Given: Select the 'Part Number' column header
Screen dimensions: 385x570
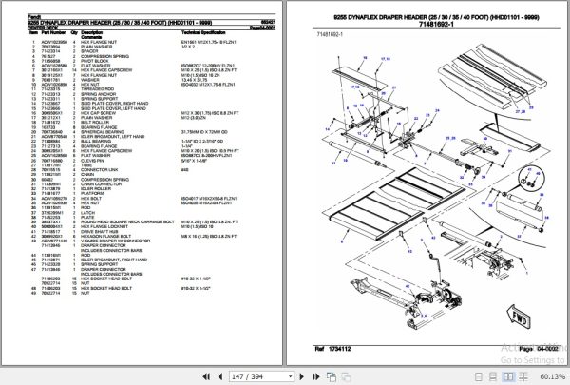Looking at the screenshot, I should [x=35, y=29].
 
